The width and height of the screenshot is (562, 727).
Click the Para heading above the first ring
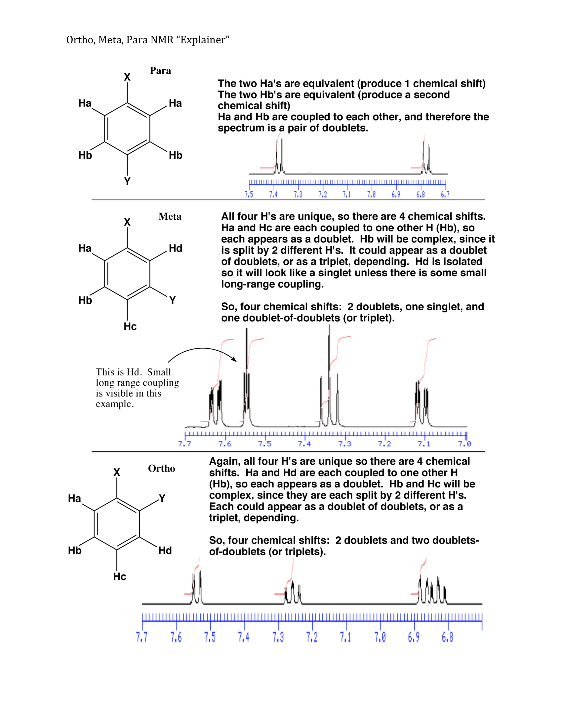click(x=160, y=71)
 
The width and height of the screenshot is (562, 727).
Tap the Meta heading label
click(x=170, y=217)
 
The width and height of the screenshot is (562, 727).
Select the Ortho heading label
click(x=161, y=469)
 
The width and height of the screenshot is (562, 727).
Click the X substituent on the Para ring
click(x=127, y=77)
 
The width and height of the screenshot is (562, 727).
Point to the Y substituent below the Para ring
click(x=127, y=181)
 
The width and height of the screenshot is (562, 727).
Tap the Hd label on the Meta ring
click(x=176, y=248)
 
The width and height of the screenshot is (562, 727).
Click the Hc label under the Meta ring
click(x=130, y=326)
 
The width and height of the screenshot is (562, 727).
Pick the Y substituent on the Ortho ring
click(x=162, y=498)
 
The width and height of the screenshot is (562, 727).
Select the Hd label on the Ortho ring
click(x=165, y=551)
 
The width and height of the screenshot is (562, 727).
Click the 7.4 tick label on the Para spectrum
click(x=273, y=194)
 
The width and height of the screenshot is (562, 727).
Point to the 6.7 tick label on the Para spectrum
click(x=445, y=194)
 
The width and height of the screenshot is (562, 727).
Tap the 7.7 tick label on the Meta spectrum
click(x=184, y=444)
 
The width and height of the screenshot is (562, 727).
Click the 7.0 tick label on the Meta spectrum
click(x=464, y=444)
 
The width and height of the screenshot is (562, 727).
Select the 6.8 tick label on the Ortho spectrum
click(x=448, y=637)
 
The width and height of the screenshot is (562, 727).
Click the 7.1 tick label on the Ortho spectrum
click(x=345, y=637)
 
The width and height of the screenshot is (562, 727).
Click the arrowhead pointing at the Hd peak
click(x=235, y=360)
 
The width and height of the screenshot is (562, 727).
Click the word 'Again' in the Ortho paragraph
click(x=225, y=462)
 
